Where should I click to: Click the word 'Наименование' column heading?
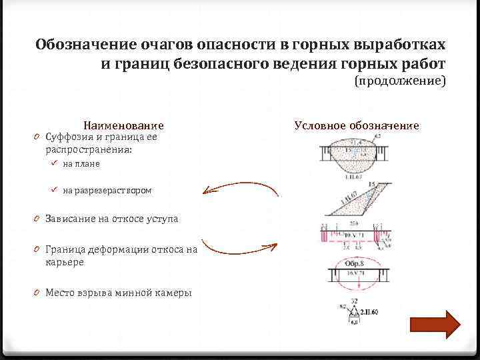123,125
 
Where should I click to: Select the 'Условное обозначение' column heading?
357,125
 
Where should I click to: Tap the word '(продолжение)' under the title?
399,81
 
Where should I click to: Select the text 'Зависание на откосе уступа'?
111,219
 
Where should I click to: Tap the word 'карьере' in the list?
65,262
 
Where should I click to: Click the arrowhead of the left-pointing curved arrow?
208,192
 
